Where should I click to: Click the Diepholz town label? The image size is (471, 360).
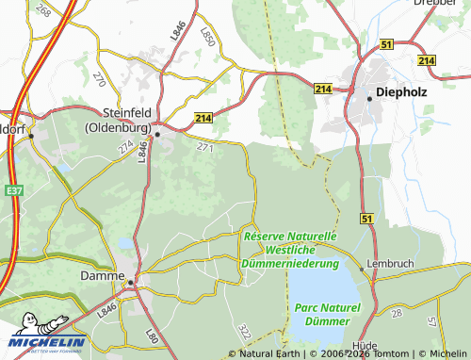403,91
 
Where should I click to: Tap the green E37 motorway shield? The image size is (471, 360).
13,190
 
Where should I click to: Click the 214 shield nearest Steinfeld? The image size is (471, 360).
203,117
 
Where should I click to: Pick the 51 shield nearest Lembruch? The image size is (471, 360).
366,219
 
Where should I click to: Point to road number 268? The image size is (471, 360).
41,10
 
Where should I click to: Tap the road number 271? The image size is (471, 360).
205,148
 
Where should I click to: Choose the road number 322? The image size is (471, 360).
245,332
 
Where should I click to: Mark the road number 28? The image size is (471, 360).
397,312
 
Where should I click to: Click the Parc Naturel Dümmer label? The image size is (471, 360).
327,315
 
